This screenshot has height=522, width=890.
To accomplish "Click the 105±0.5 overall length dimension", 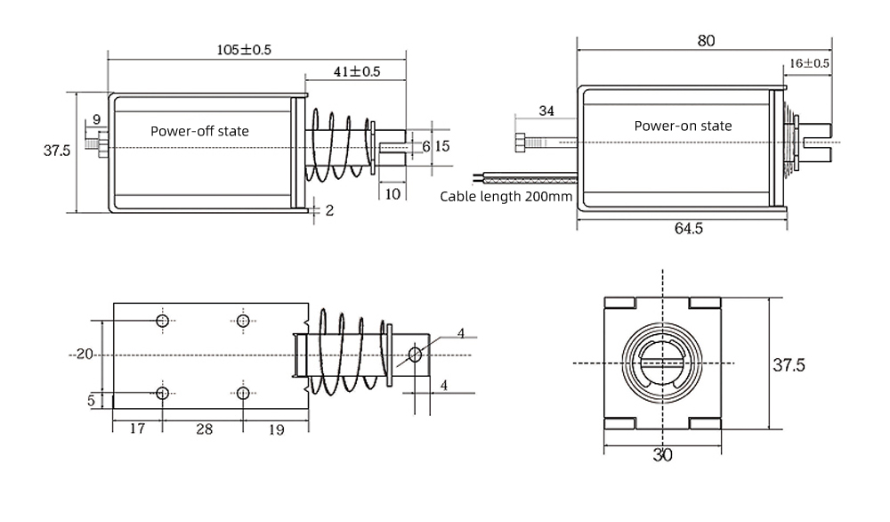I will (244, 50).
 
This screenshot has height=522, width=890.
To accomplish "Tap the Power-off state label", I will (199, 131).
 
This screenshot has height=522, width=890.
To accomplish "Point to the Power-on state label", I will (683, 126).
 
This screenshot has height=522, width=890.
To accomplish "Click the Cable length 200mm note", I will (506, 197).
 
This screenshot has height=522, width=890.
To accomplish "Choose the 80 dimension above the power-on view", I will (706, 40).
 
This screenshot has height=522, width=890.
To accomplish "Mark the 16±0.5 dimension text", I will (809, 63).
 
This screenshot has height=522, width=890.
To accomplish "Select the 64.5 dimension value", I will (688, 228).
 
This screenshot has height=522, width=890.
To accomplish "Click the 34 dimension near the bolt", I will (546, 110).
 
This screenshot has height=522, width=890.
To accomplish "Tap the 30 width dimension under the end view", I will (662, 455).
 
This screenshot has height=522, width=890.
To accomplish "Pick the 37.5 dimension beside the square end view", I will (788, 365).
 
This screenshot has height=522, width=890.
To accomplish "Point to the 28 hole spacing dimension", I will (203, 429).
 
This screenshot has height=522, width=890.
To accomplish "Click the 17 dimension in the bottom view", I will (137, 429).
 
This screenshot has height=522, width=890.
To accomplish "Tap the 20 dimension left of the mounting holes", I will (85, 354).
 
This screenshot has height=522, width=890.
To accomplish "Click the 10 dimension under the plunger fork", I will (392, 194).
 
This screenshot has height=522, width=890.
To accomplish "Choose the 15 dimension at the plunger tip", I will (442, 145).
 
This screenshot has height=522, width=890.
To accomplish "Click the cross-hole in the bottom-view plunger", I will (415, 355).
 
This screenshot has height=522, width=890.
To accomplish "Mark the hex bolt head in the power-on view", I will (522, 142).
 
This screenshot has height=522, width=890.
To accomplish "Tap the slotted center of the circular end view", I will (661, 363).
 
